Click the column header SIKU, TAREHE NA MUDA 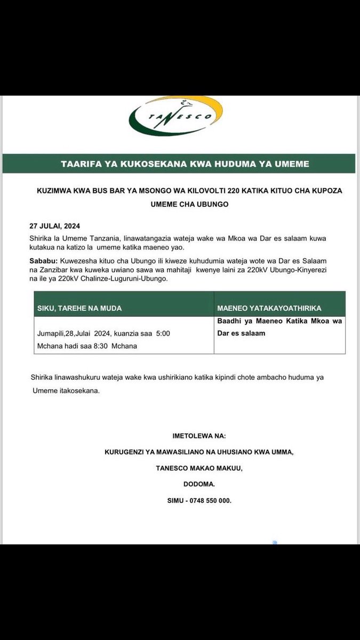click(x=79, y=308)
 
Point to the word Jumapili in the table click(x=52, y=333)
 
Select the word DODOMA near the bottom click(x=199, y=485)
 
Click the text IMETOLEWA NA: click(x=199, y=436)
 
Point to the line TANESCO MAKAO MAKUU click(x=199, y=468)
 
